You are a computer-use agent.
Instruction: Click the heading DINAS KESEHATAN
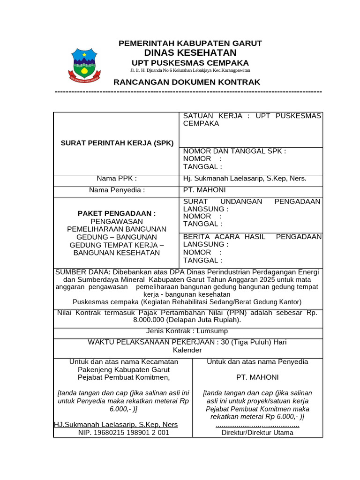(190, 52)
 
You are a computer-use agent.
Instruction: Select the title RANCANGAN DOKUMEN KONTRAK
(187, 82)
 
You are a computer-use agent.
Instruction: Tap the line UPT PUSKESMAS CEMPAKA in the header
(190, 63)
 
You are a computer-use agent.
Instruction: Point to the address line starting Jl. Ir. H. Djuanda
(190, 70)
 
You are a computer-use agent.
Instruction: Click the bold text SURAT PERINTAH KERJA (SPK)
(117, 143)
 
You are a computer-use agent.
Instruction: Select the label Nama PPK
(117, 178)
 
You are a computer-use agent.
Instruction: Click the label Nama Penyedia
(117, 190)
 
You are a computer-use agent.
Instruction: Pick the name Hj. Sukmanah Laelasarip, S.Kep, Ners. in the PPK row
(245, 178)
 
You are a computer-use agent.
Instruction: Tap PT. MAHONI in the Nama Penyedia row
(204, 190)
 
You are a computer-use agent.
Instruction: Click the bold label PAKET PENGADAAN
(117, 213)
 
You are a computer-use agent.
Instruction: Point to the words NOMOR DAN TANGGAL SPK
(234, 151)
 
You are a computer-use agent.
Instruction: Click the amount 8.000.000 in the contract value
(153, 320)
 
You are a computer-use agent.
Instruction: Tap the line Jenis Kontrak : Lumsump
(187, 332)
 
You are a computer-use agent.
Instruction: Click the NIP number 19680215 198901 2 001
(123, 433)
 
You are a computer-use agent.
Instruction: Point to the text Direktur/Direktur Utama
(257, 433)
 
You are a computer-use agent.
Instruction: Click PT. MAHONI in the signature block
(257, 377)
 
